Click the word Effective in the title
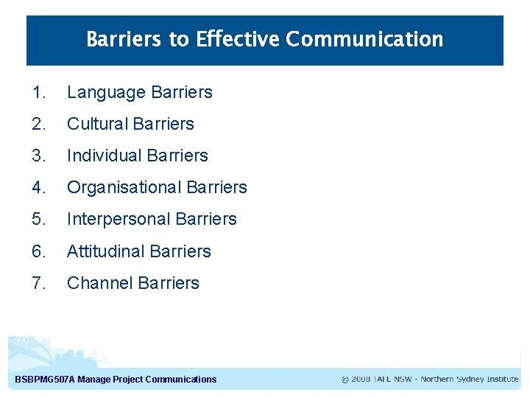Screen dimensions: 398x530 238,39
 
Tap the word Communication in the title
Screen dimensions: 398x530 364,39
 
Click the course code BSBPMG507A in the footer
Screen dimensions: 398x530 44,380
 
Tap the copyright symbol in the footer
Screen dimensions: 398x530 345,380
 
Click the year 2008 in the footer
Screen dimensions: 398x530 361,380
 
